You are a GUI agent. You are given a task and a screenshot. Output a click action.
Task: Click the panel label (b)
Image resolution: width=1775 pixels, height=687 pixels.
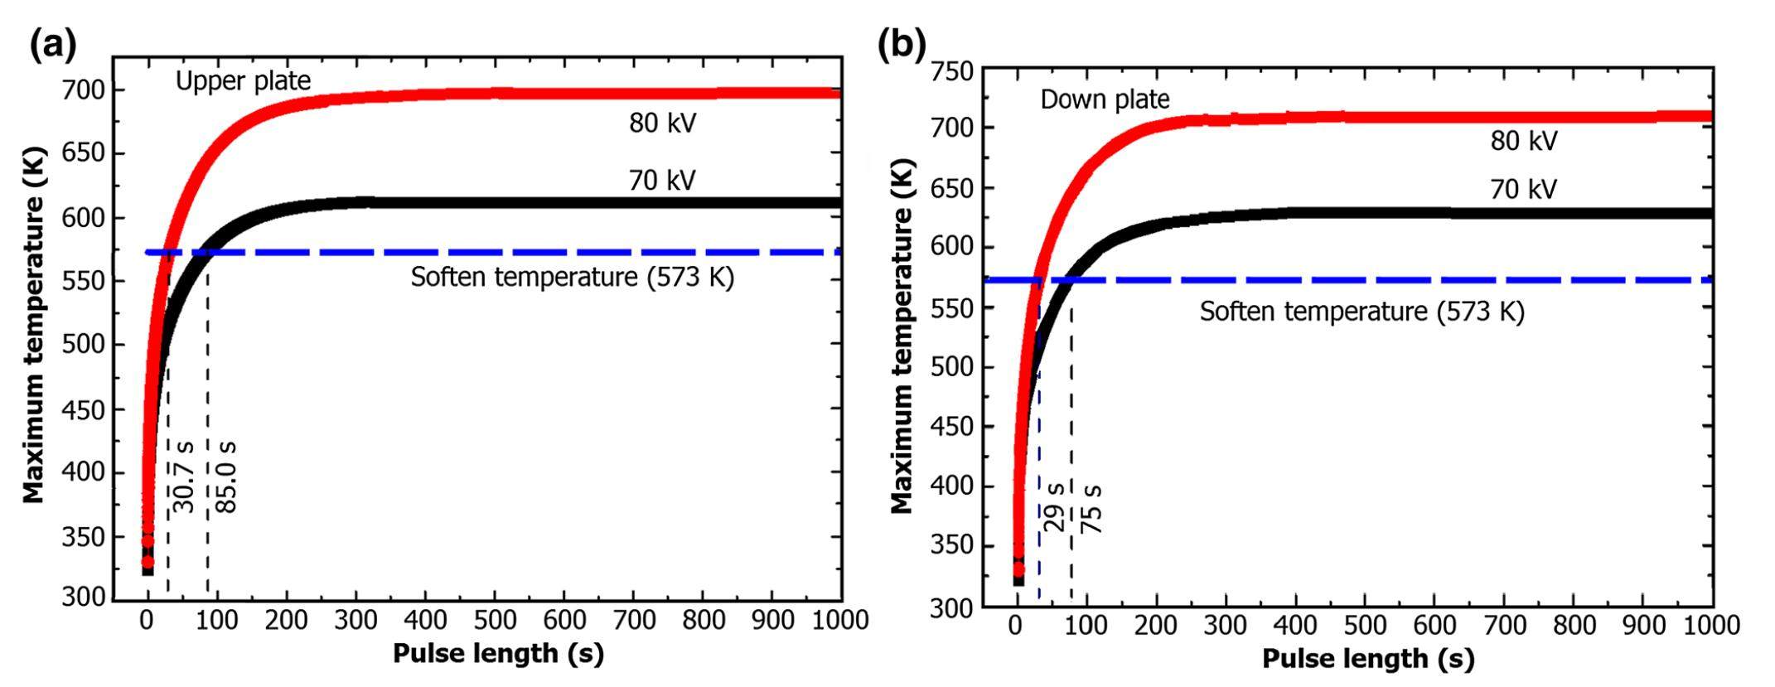(x=902, y=46)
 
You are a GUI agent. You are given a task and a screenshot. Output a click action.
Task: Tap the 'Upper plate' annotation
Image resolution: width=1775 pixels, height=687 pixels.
(x=243, y=81)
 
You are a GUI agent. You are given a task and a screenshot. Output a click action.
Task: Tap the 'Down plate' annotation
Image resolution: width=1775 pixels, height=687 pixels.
(x=1105, y=99)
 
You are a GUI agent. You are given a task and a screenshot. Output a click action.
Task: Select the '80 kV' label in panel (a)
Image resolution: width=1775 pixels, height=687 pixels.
(x=662, y=123)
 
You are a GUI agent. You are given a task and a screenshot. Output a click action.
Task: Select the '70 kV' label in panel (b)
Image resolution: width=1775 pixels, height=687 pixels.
(x=1523, y=190)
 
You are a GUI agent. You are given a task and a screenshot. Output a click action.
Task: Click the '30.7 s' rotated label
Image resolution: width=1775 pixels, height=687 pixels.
(x=184, y=477)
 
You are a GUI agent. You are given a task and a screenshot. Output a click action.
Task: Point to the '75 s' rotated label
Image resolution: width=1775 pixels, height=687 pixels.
(x=1092, y=508)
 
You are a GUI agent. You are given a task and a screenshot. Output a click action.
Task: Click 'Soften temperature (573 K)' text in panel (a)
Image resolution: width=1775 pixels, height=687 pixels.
(x=572, y=277)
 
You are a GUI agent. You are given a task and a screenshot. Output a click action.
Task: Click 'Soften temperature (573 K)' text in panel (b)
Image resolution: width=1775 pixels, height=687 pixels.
(x=1361, y=312)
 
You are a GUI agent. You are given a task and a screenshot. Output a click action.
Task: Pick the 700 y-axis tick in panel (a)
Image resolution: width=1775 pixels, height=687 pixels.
(x=82, y=90)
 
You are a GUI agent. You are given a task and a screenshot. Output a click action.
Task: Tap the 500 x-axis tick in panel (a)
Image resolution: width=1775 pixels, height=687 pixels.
(x=494, y=620)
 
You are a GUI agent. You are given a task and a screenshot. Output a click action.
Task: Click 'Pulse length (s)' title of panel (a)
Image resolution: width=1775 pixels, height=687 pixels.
(x=498, y=654)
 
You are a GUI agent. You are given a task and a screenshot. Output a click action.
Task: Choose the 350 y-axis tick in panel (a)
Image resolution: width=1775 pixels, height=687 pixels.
(x=82, y=537)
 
